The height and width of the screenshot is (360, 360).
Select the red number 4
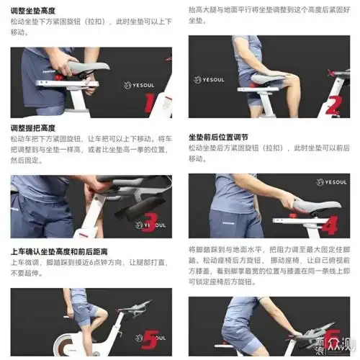(329, 223)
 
